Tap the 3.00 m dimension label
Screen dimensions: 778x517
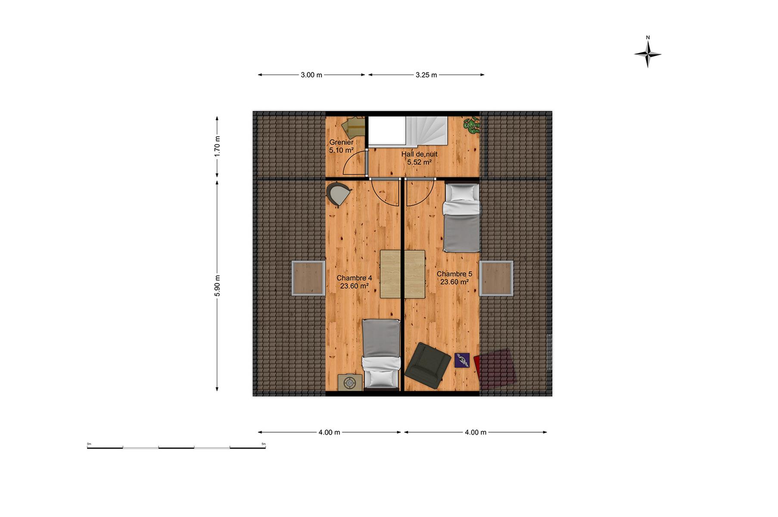311,75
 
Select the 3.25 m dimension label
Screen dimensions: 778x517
426,75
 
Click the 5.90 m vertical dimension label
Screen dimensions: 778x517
218,286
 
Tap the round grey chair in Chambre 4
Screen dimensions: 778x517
338,193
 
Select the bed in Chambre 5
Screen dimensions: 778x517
461,218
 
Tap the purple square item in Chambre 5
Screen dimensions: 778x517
462,360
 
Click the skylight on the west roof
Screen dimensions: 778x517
308,278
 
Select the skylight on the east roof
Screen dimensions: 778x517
496,278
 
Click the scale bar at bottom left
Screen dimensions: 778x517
176,447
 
